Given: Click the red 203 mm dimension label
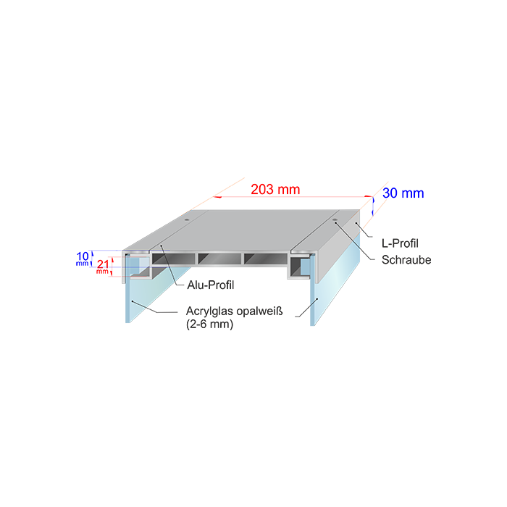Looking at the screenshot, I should click(x=275, y=190).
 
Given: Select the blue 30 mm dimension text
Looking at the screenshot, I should click(x=403, y=193).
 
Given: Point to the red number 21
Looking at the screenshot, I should click(x=101, y=264).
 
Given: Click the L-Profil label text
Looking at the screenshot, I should click(x=401, y=243).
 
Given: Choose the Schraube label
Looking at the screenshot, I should click(x=406, y=260).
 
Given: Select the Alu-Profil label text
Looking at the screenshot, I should click(x=211, y=285).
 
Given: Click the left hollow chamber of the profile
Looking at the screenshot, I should click(x=173, y=259).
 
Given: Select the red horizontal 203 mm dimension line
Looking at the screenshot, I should click(x=290, y=198).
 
